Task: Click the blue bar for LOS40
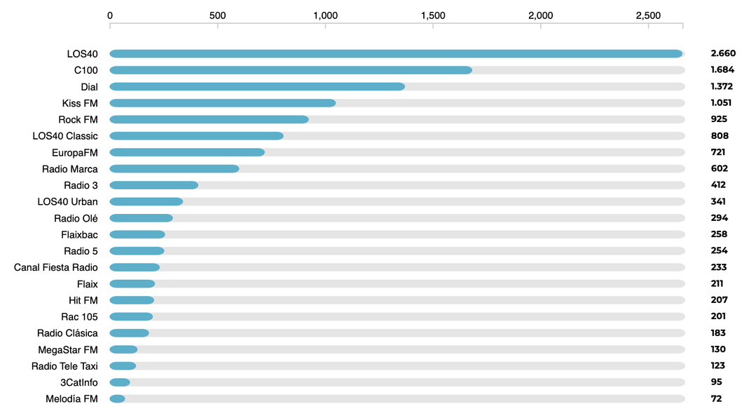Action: coord(396,54)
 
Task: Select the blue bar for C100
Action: coord(291,70)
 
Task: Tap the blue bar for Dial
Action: coord(257,86)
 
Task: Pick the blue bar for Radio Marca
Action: coord(174,169)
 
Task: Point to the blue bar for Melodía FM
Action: coord(118,399)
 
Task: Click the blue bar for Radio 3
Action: coord(154,185)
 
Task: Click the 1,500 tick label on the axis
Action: coord(433,15)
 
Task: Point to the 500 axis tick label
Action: coord(217,15)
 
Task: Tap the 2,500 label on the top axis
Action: coord(648,15)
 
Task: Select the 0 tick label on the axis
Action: coord(110,15)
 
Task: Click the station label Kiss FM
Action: coord(80,103)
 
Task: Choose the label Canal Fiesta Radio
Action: coord(56,267)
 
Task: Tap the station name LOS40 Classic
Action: coord(65,136)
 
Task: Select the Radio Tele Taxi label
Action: coord(64,366)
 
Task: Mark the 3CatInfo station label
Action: coord(79,382)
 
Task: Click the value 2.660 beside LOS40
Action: coord(723,53)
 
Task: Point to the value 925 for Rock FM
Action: coord(719,119)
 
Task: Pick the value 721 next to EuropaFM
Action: coord(718,152)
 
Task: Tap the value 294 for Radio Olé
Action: coord(719,218)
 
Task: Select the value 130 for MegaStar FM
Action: coord(718,349)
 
